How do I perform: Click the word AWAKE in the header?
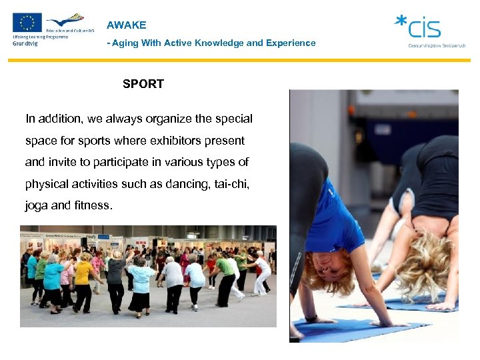click(x=127, y=25)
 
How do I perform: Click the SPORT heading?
click(x=143, y=84)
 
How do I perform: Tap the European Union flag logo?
click(x=27, y=23)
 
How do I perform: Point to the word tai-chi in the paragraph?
click(x=231, y=184)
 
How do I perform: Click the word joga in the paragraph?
click(x=37, y=205)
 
